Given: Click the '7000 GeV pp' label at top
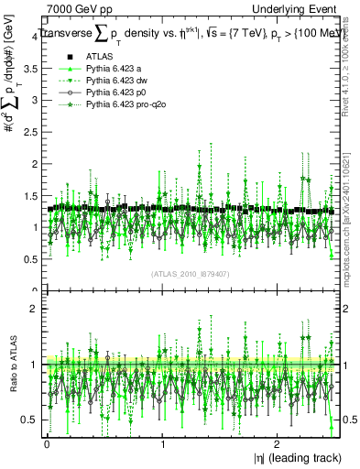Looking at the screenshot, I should point(80,9).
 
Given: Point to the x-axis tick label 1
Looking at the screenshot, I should point(162,443).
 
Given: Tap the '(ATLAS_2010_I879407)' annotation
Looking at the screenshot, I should point(190,273).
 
